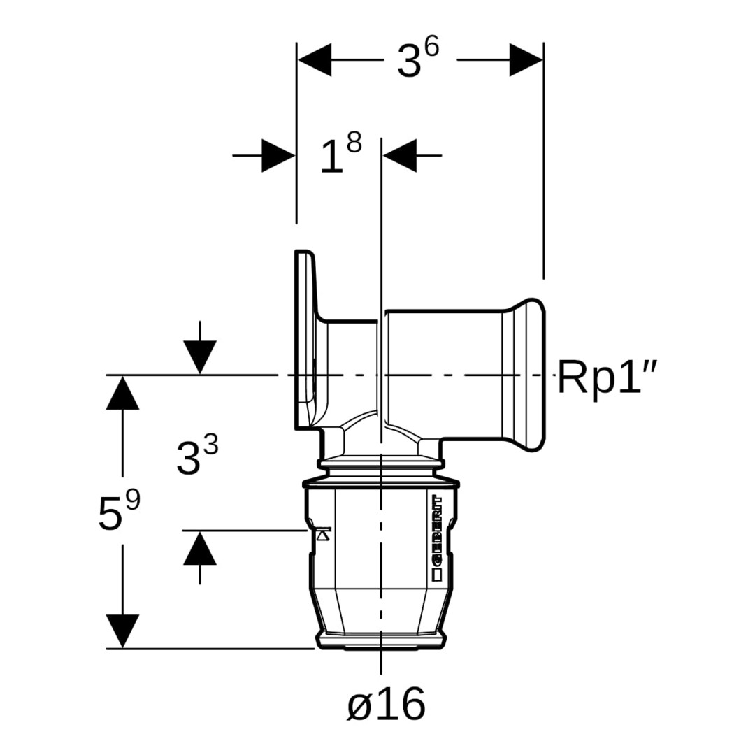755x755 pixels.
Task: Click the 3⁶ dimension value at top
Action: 419,59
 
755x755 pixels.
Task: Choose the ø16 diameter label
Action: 386,703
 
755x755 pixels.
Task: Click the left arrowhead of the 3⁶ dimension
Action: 314,59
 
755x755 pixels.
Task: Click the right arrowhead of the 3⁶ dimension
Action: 526,59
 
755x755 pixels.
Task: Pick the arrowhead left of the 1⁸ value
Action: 278,155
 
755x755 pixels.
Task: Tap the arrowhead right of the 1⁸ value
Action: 400,155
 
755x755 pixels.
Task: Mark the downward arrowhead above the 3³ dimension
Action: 200,357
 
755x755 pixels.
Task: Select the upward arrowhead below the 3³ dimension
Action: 200,548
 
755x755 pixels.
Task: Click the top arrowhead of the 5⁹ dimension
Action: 122,392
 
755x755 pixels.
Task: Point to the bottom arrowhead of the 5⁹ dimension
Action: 122,631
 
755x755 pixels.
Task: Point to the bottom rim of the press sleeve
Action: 381,642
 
